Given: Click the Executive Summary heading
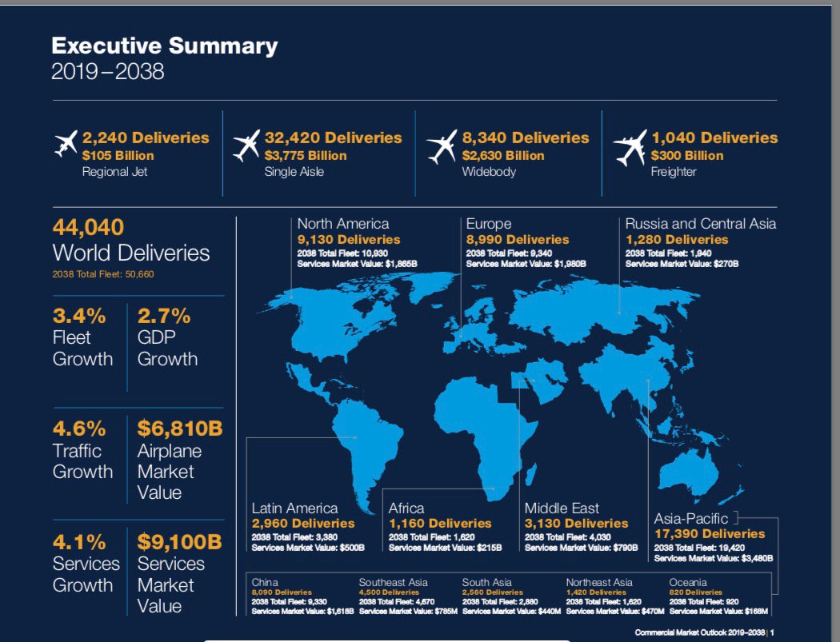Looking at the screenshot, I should tap(164, 46).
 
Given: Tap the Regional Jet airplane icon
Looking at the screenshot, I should tap(66, 146).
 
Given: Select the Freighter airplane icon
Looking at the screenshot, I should tap(630, 147).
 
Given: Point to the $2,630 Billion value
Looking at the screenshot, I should tap(502, 155).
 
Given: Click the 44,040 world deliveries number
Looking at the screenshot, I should tap(88, 227).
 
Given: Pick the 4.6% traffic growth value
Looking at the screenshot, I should tap(79, 426).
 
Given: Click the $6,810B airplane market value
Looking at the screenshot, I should tap(179, 427).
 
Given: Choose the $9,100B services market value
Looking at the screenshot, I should tap(179, 541).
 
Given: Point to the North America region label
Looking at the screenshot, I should tap(343, 224).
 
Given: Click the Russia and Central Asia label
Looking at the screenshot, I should tap(700, 224).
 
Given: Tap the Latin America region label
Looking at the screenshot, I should tap(294, 508).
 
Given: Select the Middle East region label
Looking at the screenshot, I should tap(562, 508).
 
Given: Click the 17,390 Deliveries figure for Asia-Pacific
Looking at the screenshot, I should tap(710, 533).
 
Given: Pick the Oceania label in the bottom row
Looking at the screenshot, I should tap(687, 582).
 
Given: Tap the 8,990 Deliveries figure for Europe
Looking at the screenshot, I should tap(518, 239).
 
